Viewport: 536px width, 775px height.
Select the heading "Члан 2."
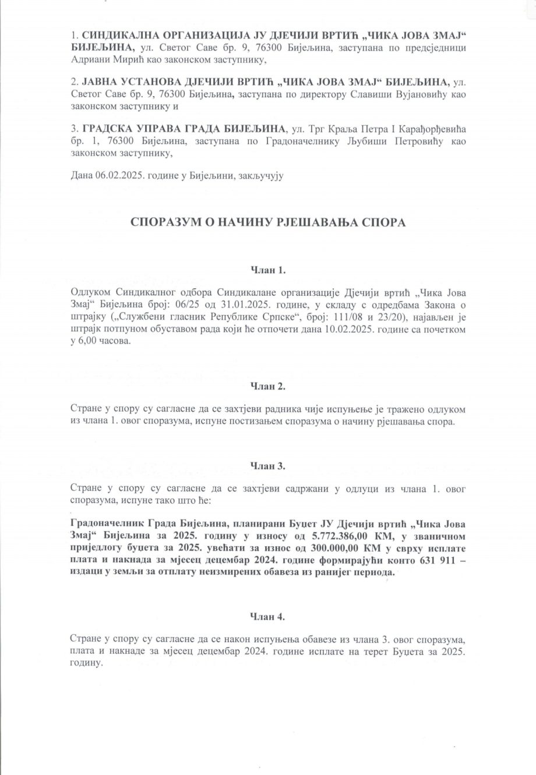(x=268, y=385)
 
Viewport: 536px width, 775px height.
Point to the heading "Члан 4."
(x=268, y=615)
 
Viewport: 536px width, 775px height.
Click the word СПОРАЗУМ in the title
(x=164, y=222)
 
